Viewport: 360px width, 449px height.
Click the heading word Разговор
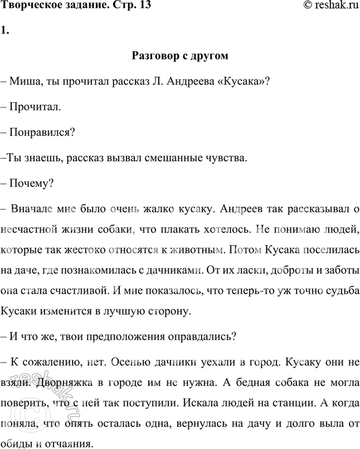[x=155, y=56]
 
